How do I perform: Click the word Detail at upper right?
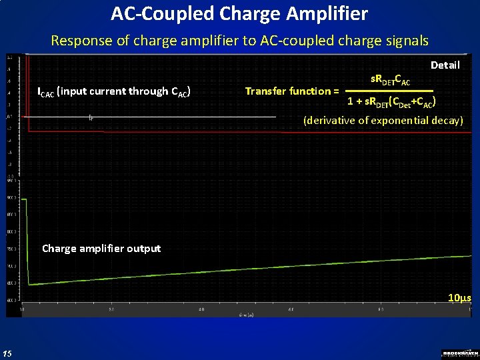pos(445,65)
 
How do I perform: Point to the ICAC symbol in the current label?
pos(46,91)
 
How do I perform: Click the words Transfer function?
pos(292,91)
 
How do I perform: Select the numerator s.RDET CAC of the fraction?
pos(391,81)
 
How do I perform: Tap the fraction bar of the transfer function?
pos(391,91)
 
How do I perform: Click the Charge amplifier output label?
pos(101,248)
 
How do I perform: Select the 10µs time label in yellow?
pos(459,297)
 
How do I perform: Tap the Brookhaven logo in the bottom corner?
pos(460,353)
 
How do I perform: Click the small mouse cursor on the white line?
pos(90,118)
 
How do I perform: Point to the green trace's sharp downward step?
pos(27,240)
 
